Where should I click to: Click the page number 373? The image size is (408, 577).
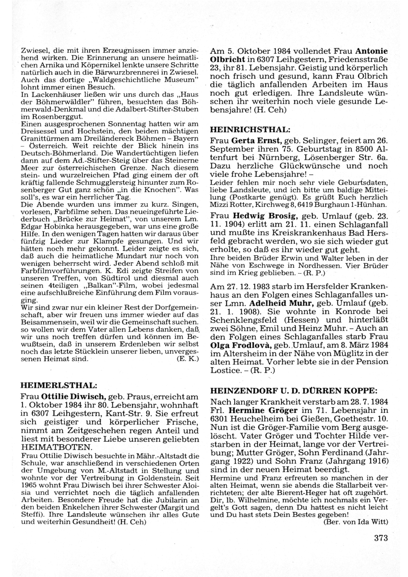pos(380,538)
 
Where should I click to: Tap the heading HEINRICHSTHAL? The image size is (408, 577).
pos(250,129)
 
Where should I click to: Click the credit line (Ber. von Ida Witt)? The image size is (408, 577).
pos(355,522)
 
